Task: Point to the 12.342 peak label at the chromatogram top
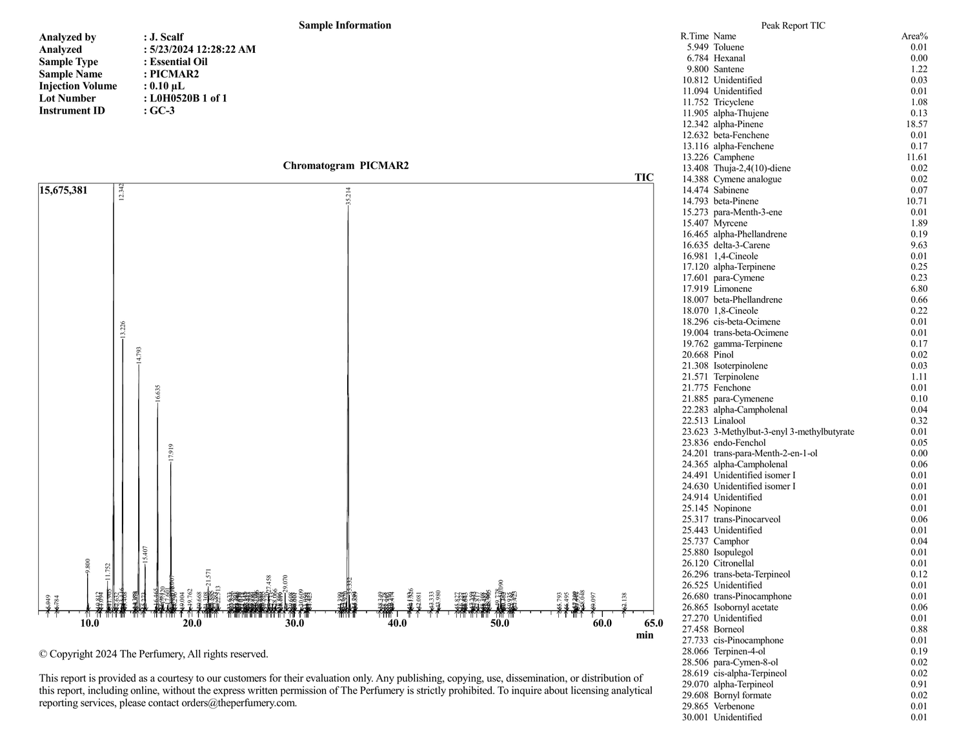[x=121, y=192]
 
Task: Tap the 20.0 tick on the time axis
[x=192, y=623]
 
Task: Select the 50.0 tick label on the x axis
[x=499, y=623]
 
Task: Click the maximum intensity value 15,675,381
[x=63, y=190]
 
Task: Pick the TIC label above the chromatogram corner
[x=643, y=177]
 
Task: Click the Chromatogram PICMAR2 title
[x=345, y=166]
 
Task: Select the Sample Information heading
[x=345, y=25]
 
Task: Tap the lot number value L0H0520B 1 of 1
[x=188, y=98]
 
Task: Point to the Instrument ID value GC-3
[x=162, y=110]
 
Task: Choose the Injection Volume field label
[x=78, y=86]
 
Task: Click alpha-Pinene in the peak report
[x=738, y=124]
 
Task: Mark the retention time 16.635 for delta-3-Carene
[x=694, y=245]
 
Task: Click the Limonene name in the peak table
[x=732, y=289]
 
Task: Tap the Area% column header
[x=914, y=36]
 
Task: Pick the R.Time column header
[x=694, y=36]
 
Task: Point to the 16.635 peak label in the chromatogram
[x=158, y=394]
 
